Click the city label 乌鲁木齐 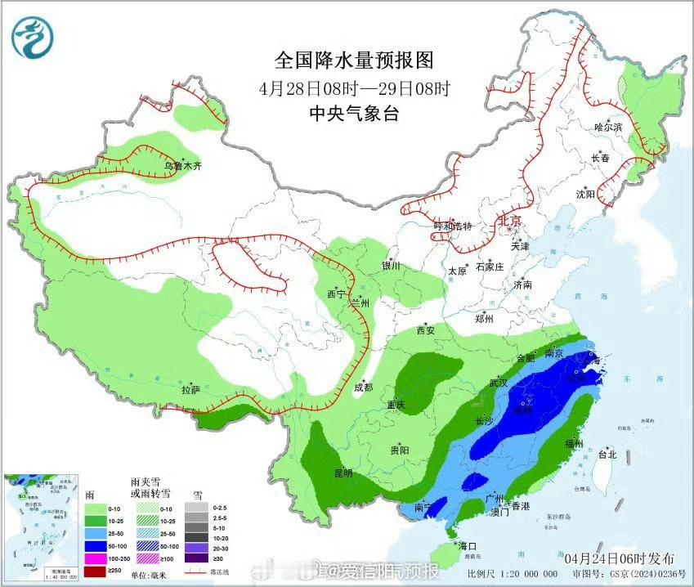click(181, 165)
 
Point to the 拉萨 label click(190, 390)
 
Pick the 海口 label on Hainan click(467, 545)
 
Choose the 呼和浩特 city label click(453, 226)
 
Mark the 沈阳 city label click(584, 194)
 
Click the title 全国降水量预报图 click(353, 60)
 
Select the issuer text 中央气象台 click(353, 114)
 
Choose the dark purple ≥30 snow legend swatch click(196, 559)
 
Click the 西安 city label click(425, 330)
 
